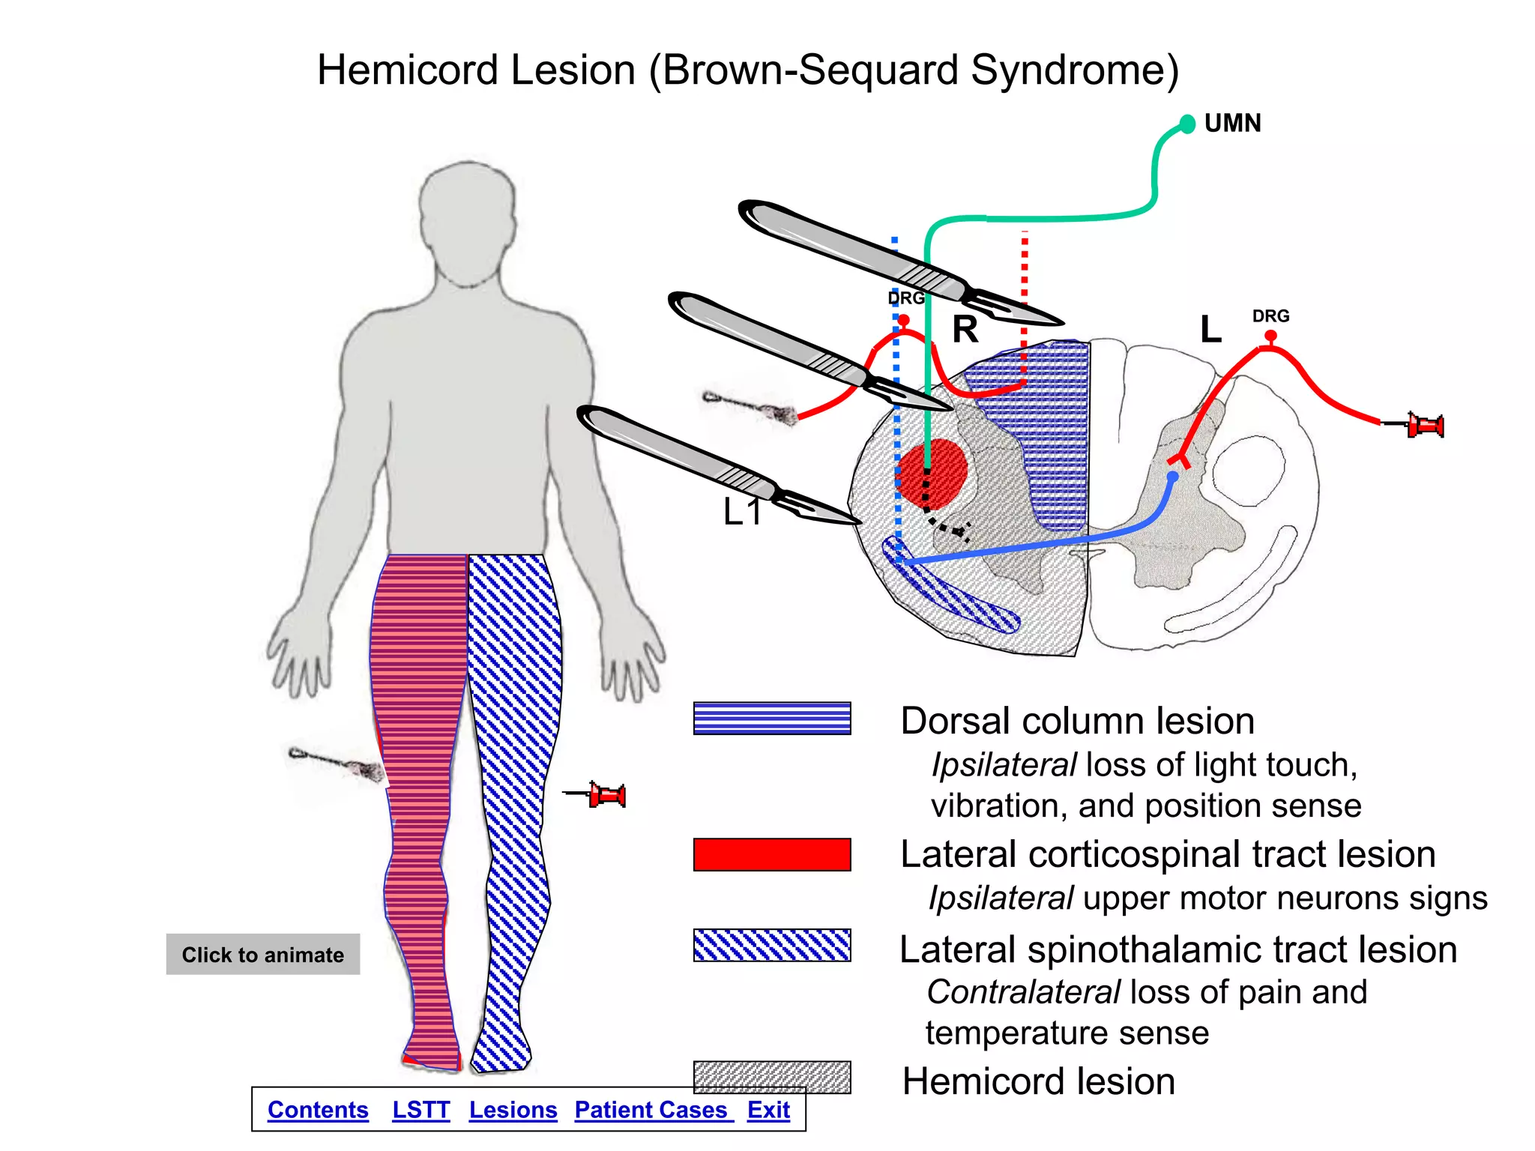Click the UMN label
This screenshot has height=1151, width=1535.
point(1232,123)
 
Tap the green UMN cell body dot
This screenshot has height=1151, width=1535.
point(1187,124)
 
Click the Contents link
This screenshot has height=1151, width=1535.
point(318,1110)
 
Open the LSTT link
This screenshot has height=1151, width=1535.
point(420,1110)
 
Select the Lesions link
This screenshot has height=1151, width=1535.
point(513,1110)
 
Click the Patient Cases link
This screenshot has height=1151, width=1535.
point(651,1110)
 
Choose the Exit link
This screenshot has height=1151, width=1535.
point(768,1110)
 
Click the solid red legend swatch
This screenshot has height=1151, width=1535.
point(772,854)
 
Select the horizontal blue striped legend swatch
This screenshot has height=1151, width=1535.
point(772,718)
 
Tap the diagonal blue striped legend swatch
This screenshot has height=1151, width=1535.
point(772,945)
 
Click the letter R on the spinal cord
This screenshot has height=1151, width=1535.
point(965,330)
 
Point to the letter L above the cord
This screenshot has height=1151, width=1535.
point(1210,330)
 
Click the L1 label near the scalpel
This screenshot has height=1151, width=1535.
point(742,513)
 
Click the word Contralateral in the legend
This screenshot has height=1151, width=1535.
point(1023,992)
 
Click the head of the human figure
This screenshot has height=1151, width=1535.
point(468,217)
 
